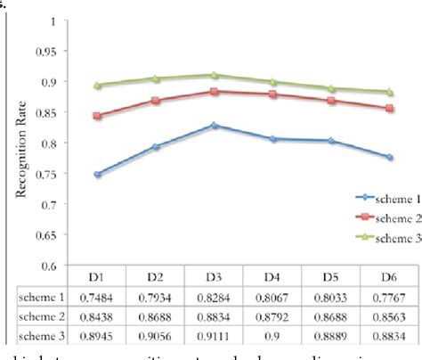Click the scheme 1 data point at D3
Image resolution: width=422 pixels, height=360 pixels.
(x=215, y=126)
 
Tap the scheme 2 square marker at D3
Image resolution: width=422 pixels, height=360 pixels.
(x=215, y=91)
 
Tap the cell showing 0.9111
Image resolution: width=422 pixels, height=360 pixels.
(x=215, y=335)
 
